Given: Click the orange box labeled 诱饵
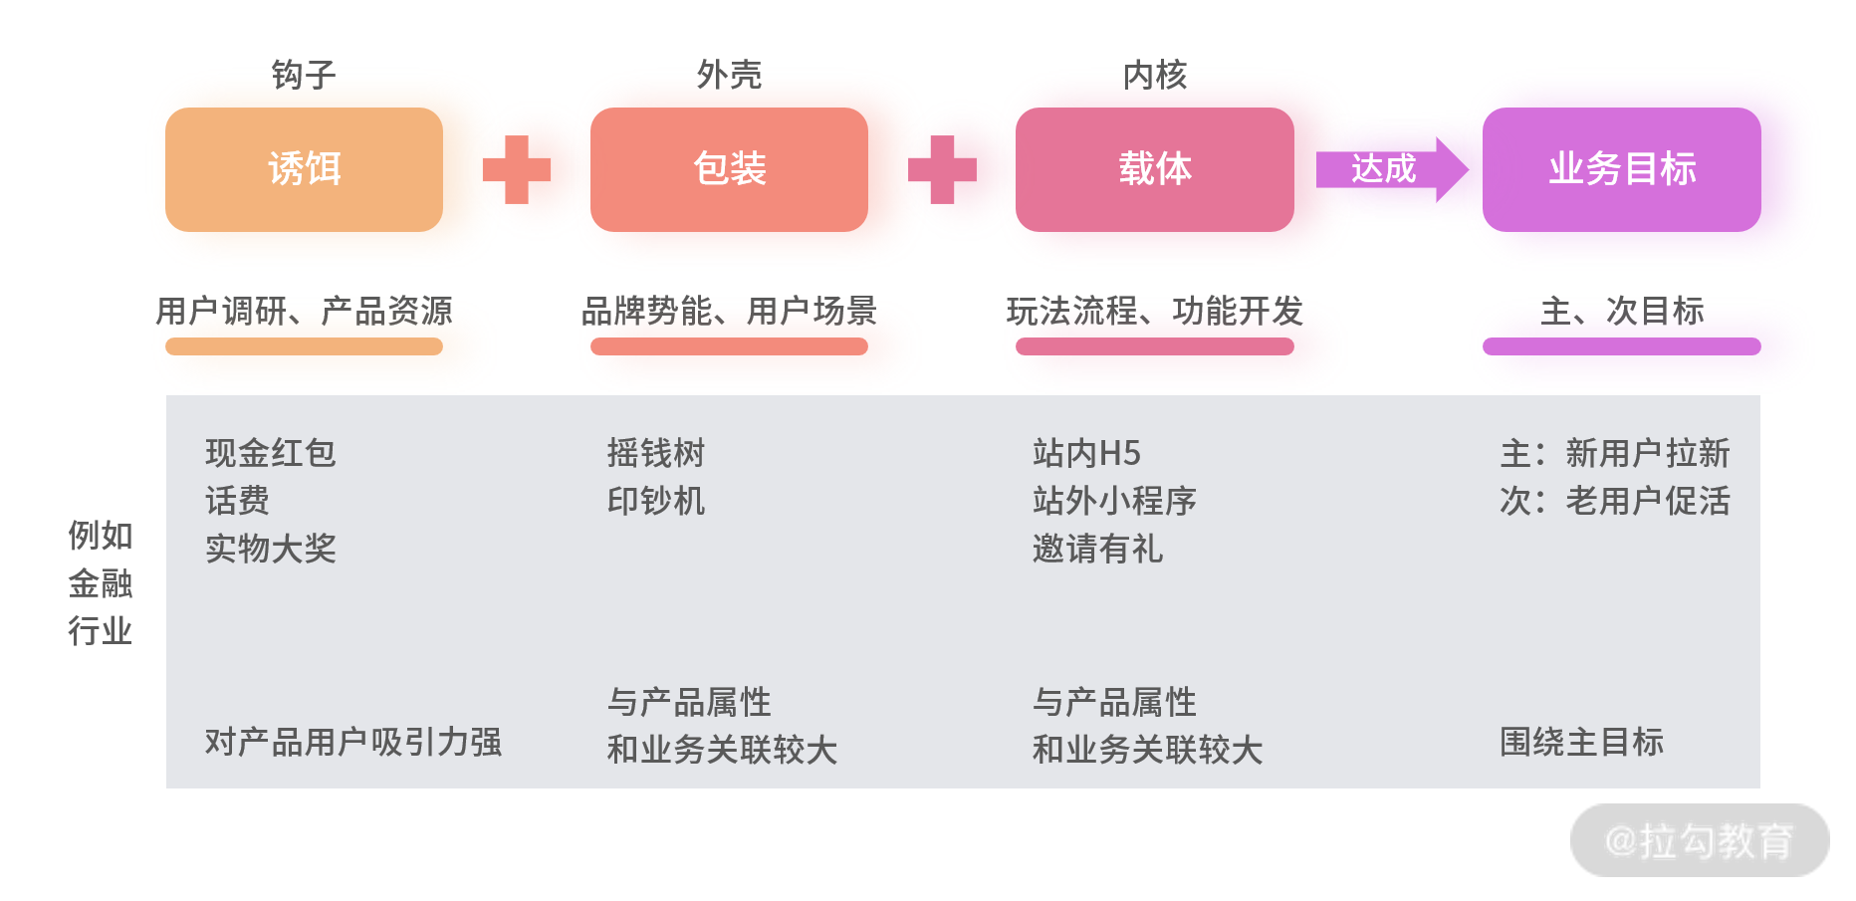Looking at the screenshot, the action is [304, 169].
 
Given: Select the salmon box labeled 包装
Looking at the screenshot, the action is [729, 169].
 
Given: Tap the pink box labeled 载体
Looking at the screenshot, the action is [1154, 169].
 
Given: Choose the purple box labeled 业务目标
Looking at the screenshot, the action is [1621, 169].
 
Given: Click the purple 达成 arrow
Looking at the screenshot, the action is [1390, 169].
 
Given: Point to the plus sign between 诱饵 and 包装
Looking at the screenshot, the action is [516, 169].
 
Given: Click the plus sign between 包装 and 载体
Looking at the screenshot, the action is [942, 169].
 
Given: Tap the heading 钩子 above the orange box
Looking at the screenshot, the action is [304, 75].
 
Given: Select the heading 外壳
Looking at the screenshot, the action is [729, 75].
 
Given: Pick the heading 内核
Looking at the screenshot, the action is [1154, 75].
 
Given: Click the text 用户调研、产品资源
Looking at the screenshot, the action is [304, 312].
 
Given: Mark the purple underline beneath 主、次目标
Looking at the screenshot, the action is [1621, 346].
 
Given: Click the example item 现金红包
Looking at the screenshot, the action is [270, 453].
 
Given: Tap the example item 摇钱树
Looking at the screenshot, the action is [655, 453].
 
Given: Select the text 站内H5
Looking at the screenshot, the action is [1086, 453].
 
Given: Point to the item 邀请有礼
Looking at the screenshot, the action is [1097, 549].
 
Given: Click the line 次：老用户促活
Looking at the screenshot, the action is [1614, 501].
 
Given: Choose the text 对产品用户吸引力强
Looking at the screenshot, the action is [352, 742].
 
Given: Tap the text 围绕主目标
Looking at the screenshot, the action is [1581, 742].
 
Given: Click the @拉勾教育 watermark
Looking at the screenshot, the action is [1699, 841].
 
